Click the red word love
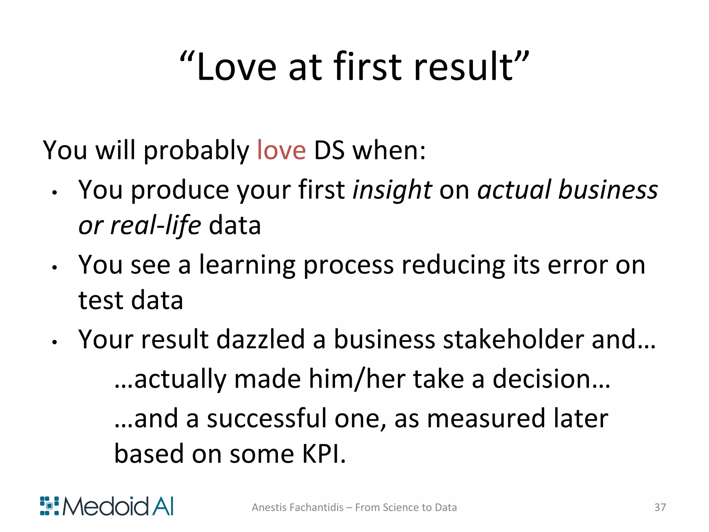click(x=281, y=151)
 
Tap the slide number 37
click(x=660, y=507)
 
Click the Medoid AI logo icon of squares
click(x=49, y=506)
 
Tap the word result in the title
click(x=464, y=67)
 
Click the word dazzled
click(x=260, y=339)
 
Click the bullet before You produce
click(x=54, y=193)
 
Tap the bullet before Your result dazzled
click(x=54, y=342)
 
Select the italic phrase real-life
click(x=155, y=226)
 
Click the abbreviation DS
click(x=329, y=151)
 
